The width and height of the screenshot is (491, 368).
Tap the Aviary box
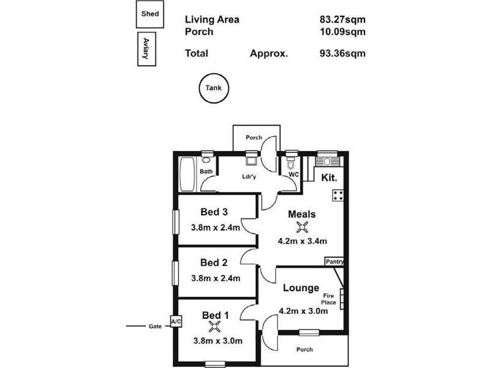(x=146, y=49)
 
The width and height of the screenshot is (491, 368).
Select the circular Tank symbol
(x=214, y=88)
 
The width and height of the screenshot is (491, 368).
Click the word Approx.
(x=269, y=53)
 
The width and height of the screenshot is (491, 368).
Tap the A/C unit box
(x=176, y=321)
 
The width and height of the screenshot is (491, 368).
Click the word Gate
(x=155, y=326)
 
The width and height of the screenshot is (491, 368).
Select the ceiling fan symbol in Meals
(x=301, y=228)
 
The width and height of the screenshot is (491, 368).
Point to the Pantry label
(x=334, y=262)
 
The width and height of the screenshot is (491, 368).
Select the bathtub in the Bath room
(x=187, y=174)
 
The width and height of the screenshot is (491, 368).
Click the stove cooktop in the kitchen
(x=338, y=196)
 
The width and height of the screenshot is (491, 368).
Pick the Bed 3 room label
(x=214, y=212)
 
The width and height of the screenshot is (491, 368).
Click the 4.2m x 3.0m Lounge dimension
(x=303, y=310)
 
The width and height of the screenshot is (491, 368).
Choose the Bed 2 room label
(x=214, y=263)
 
